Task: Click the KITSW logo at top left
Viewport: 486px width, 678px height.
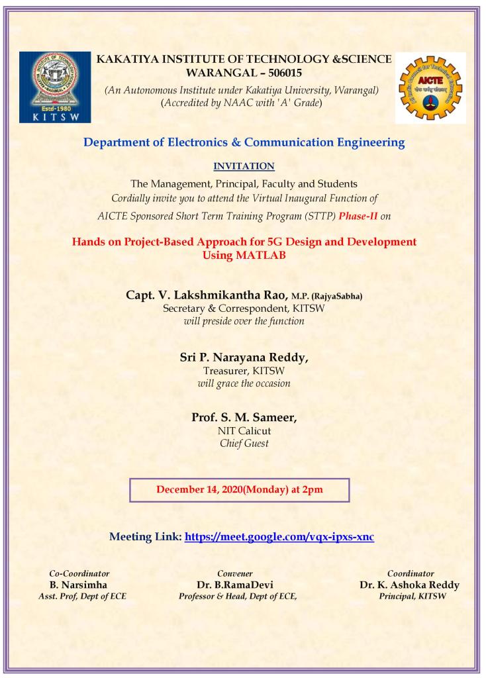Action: (x=54, y=87)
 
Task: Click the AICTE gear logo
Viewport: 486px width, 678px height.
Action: (x=430, y=87)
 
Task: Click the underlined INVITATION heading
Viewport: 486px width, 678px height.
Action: (x=244, y=166)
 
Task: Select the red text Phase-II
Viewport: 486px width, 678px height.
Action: (x=358, y=215)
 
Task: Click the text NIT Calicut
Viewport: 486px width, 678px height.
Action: (x=244, y=431)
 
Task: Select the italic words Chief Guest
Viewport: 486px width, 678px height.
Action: (x=244, y=444)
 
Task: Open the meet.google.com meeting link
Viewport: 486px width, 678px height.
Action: (x=279, y=536)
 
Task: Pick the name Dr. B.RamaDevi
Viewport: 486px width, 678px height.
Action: (x=235, y=585)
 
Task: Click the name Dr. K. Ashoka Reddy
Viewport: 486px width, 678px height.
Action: (x=409, y=585)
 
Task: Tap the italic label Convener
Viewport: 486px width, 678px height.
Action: (x=234, y=573)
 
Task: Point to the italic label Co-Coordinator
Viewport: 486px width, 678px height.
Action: (x=79, y=573)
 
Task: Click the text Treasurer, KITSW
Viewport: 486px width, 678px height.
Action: (x=244, y=371)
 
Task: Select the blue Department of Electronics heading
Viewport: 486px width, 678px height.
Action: (x=244, y=142)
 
